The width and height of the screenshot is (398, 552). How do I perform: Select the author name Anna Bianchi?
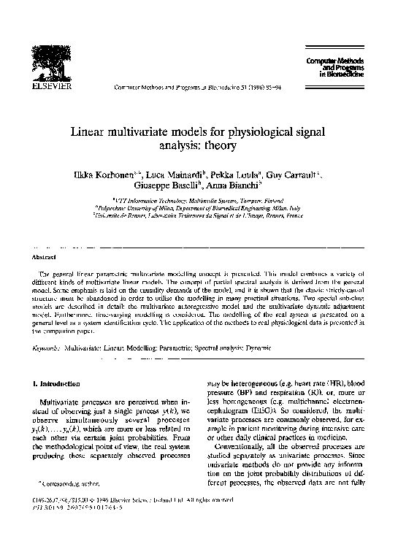coord(234,188)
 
